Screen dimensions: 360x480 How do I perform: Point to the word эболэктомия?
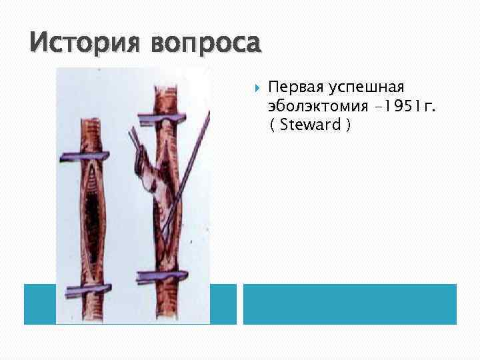pyautogui.click(x=313, y=106)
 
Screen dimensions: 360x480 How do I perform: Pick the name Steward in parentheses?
pyautogui.click(x=311, y=125)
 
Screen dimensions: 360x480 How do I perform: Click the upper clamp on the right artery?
pyautogui.click(x=163, y=118)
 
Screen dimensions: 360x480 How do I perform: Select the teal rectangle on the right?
pyautogui.click(x=350, y=304)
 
